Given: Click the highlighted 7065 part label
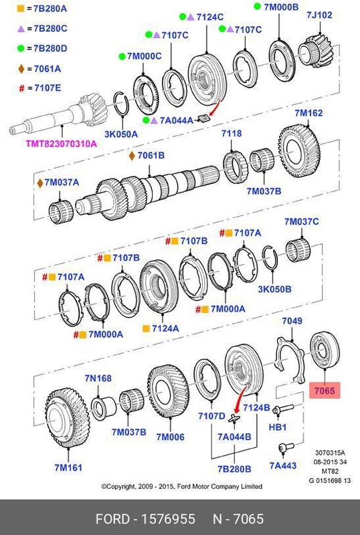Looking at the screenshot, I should [325, 389].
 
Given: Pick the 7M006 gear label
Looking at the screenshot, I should [170, 437].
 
